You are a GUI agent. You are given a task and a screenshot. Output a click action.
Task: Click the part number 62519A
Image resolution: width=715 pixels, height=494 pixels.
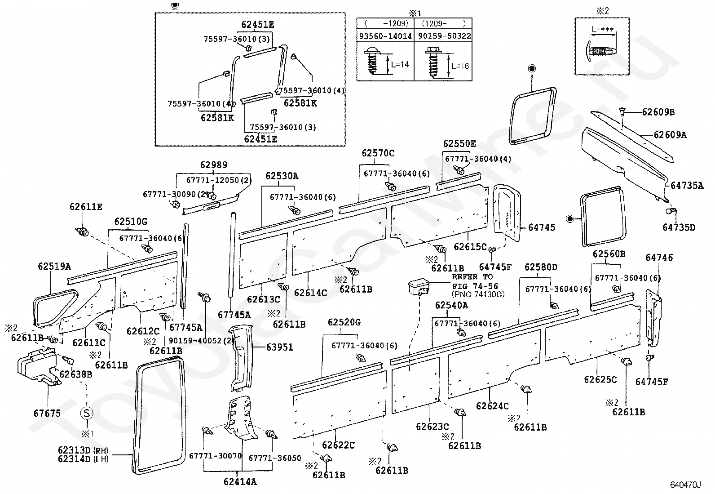[54, 267]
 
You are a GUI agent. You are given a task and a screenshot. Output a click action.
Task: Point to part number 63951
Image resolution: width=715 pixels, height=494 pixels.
[279, 347]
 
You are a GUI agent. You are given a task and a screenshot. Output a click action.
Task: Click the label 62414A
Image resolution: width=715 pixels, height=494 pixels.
[240, 482]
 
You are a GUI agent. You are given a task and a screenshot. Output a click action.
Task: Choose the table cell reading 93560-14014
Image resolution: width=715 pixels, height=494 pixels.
[385, 36]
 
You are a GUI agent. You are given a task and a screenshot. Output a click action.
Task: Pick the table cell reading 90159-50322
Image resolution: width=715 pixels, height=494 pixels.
[444, 36]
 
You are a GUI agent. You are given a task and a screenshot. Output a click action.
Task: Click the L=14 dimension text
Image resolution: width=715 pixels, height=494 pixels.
[400, 64]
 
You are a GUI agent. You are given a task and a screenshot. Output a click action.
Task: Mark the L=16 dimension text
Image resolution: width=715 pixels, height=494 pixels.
[459, 66]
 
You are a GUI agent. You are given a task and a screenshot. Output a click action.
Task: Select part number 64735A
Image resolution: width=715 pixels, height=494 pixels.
[687, 185]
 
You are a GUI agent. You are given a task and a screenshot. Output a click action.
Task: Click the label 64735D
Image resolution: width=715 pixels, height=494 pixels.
[679, 227]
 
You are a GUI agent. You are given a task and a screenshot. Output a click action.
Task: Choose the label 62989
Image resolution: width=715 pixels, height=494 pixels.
[214, 165]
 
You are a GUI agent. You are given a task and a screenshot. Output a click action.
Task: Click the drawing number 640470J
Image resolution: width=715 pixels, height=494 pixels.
[686, 485]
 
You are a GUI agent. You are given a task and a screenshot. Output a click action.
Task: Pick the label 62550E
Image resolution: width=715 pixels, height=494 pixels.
[459, 144]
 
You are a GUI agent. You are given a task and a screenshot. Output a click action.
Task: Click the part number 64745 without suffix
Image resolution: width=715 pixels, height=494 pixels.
[542, 227]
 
